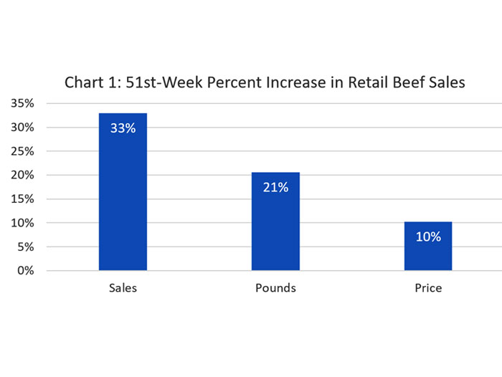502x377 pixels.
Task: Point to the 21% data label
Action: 275,188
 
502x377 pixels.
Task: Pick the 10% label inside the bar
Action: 428,237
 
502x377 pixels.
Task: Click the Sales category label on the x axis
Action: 123,288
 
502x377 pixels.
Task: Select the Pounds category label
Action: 275,288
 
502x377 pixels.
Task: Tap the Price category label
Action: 428,288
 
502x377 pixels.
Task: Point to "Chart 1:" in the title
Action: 91,82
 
